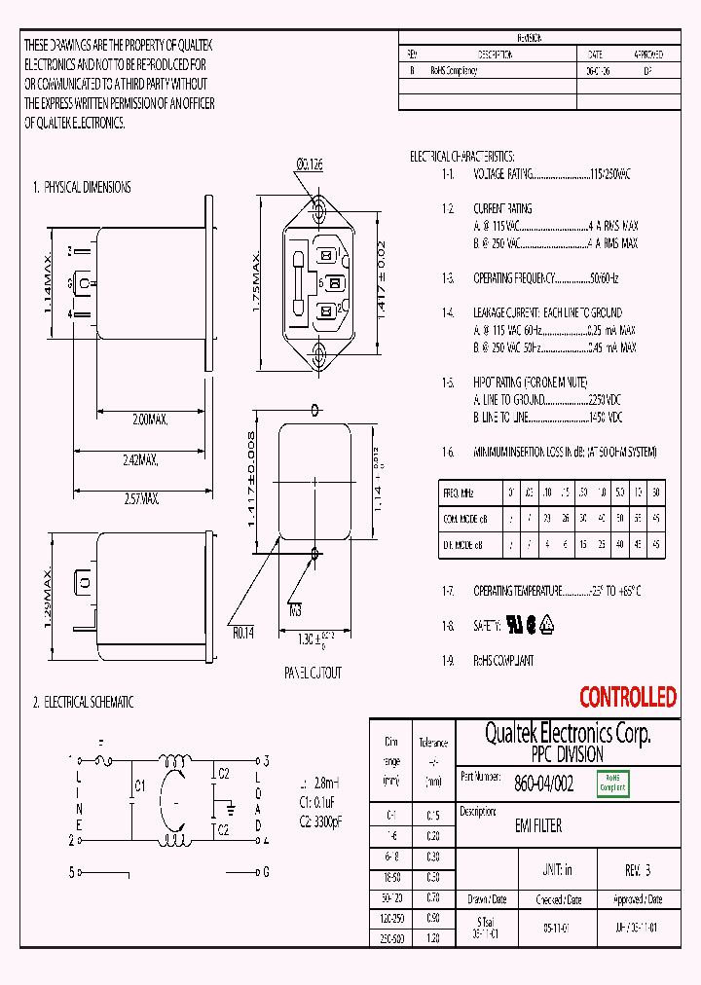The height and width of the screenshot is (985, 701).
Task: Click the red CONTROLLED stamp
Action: click(627, 697)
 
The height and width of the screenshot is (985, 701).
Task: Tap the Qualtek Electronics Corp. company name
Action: click(568, 733)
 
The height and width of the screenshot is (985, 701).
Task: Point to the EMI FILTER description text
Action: click(537, 826)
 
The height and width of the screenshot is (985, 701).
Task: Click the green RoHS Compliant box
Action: click(613, 783)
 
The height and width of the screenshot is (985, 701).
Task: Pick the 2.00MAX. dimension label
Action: click(150, 420)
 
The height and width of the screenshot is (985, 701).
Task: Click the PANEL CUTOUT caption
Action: click(313, 673)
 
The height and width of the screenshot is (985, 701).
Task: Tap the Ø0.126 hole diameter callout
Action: click(309, 165)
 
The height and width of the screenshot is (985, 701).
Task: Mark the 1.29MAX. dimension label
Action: click(48, 602)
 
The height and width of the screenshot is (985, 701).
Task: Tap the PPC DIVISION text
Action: click(567, 754)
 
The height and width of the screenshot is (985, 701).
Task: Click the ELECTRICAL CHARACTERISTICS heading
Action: click(461, 157)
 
